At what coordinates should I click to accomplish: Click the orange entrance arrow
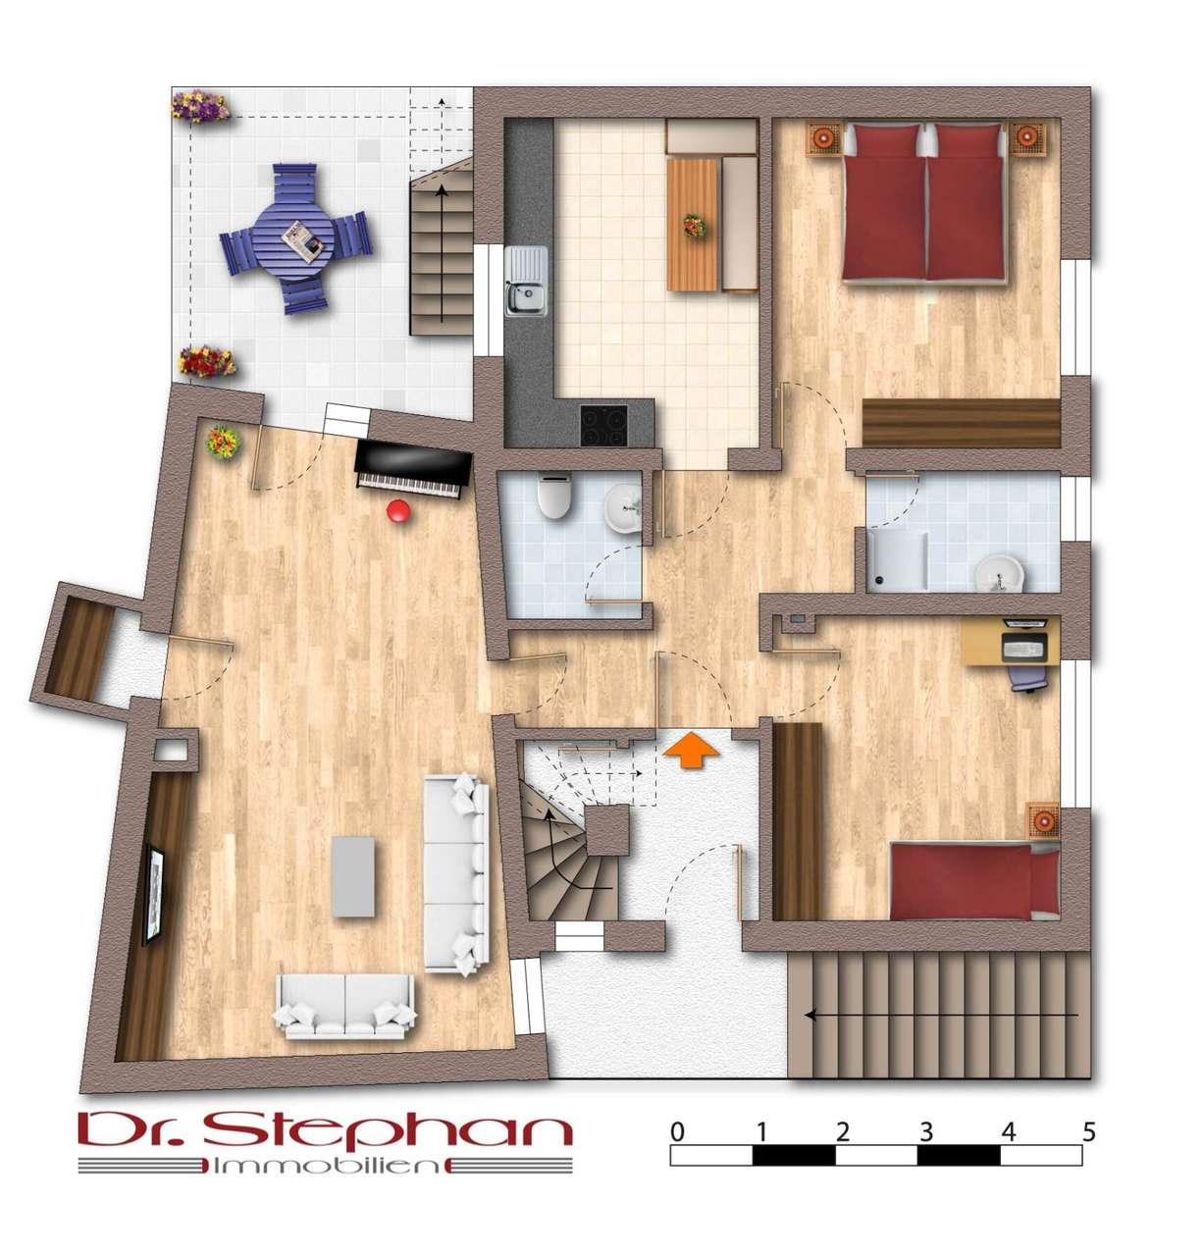(690, 749)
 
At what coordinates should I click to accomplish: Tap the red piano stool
(397, 510)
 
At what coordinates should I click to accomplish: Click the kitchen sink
(525, 281)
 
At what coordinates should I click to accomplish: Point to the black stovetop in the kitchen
(602, 425)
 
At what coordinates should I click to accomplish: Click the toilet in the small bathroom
(553, 496)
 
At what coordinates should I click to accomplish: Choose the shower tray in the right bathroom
(896, 559)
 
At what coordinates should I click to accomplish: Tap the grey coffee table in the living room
(352, 876)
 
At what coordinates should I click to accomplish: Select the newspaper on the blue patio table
(302, 240)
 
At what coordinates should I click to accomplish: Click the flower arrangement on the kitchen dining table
(694, 226)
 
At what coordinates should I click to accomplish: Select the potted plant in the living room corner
(222, 442)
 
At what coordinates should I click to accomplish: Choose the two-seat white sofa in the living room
(345, 1006)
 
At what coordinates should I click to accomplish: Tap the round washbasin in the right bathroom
(998, 572)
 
